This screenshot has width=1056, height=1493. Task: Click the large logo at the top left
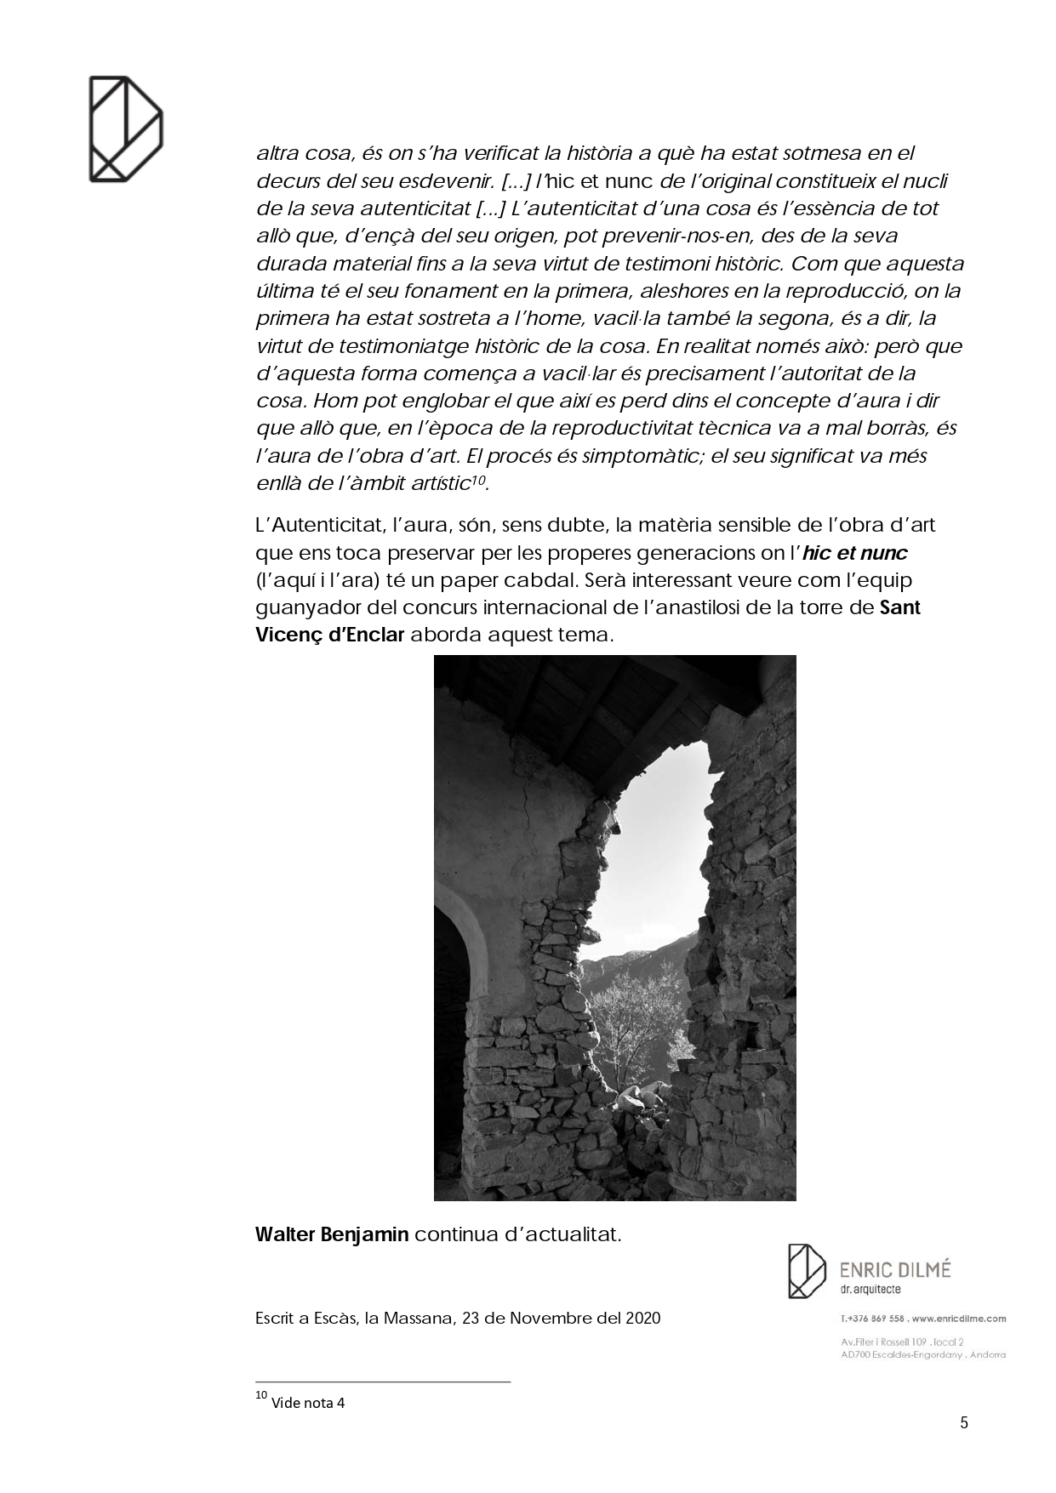click(126, 128)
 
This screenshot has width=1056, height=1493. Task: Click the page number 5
click(964, 1422)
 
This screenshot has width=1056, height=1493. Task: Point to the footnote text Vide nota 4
click(308, 1403)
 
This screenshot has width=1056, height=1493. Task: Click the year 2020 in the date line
click(642, 1319)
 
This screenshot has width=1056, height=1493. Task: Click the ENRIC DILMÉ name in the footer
click(895, 1270)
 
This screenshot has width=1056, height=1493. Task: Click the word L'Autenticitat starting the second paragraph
click(309, 526)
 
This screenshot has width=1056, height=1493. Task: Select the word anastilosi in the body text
click(733, 608)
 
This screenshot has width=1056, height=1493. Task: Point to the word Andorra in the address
click(988, 1354)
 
